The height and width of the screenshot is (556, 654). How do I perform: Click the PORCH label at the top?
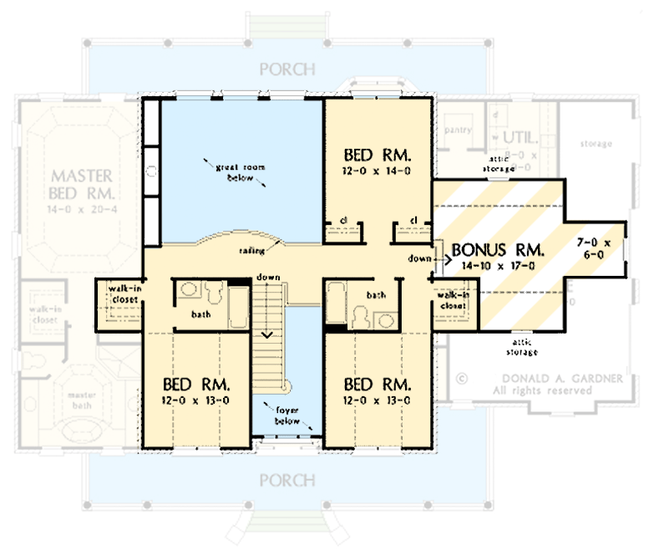pyautogui.click(x=287, y=69)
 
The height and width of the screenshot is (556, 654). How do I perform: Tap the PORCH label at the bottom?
pyautogui.click(x=287, y=481)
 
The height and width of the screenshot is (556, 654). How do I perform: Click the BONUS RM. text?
pyautogui.click(x=498, y=250)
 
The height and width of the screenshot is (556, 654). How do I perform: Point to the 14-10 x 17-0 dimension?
pyautogui.click(x=498, y=265)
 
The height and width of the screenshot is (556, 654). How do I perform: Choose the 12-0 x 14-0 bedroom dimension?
pyautogui.click(x=378, y=171)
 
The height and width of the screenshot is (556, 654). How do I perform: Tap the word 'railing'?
pyautogui.click(x=252, y=249)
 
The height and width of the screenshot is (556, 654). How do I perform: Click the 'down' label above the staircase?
pyautogui.click(x=269, y=277)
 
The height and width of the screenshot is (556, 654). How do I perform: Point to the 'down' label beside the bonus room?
pyautogui.click(x=419, y=258)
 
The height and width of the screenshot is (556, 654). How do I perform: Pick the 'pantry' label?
pyautogui.click(x=459, y=130)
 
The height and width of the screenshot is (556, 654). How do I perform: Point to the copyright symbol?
pyautogui.click(x=460, y=378)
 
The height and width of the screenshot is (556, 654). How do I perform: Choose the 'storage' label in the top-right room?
pyautogui.click(x=596, y=144)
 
